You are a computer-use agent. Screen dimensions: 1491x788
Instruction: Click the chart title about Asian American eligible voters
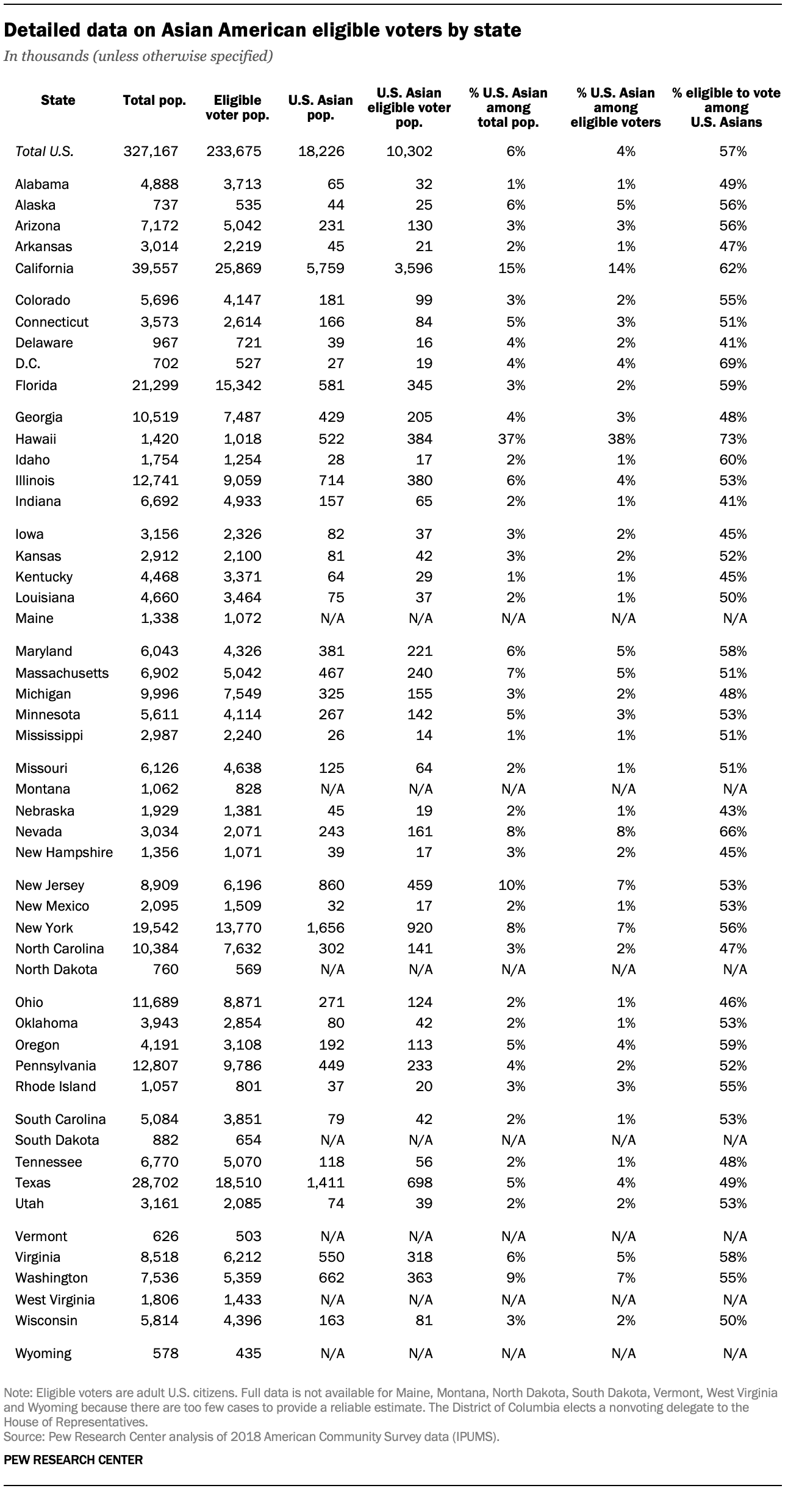click(262, 30)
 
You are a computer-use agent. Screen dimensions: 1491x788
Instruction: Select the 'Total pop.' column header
click(154, 101)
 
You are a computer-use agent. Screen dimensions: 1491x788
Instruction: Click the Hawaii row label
click(36, 439)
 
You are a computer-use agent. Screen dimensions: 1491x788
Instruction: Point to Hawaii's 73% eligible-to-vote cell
click(732, 439)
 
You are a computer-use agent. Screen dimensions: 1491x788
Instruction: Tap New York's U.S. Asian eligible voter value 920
click(420, 928)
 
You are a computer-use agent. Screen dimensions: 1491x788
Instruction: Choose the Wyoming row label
click(43, 1353)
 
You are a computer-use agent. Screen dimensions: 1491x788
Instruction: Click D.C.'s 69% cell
click(732, 363)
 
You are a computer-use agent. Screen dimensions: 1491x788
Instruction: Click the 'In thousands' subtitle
click(138, 57)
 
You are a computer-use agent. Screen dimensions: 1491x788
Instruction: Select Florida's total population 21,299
click(156, 385)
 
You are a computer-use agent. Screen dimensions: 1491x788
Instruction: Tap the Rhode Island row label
click(56, 1086)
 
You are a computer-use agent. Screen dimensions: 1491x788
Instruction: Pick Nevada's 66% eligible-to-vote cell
click(732, 831)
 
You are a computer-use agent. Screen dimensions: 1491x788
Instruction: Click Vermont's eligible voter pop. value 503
click(248, 1236)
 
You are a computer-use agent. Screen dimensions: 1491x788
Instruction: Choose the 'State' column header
click(58, 101)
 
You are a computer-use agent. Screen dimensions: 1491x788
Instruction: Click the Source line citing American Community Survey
click(251, 1437)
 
